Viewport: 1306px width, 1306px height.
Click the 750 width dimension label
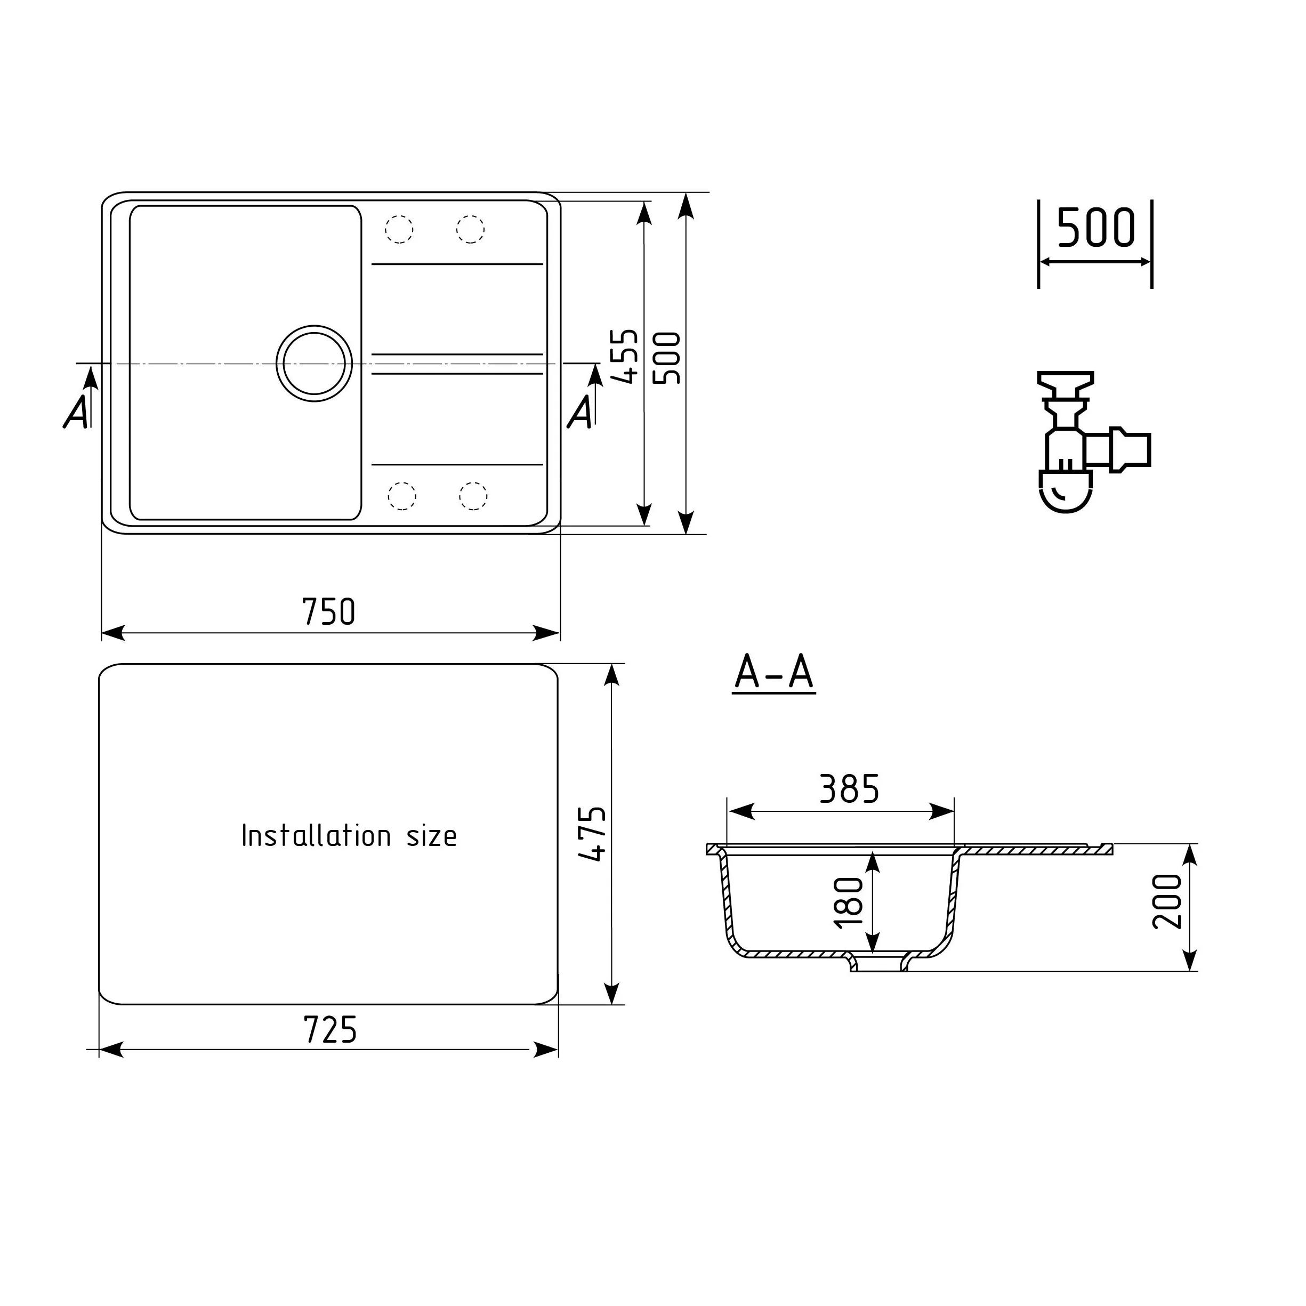pyautogui.click(x=328, y=612)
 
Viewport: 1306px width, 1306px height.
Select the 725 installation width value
pyautogui.click(x=330, y=1031)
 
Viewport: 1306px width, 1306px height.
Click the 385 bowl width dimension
pyautogui.click(x=849, y=789)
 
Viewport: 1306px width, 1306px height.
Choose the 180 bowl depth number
pyautogui.click(x=849, y=902)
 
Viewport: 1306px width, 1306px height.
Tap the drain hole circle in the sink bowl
pyautogui.click(x=315, y=364)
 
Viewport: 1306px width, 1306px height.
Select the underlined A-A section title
pyautogui.click(x=774, y=673)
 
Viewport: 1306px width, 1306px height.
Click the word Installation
pyautogui.click(x=316, y=836)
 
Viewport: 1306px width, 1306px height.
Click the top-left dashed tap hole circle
pyautogui.click(x=399, y=229)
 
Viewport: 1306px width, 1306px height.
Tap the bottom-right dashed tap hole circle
pyautogui.click(x=473, y=496)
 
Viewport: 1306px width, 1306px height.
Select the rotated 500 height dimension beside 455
pyautogui.click(x=667, y=358)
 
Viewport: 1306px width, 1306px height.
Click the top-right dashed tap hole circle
pyautogui.click(x=471, y=229)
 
